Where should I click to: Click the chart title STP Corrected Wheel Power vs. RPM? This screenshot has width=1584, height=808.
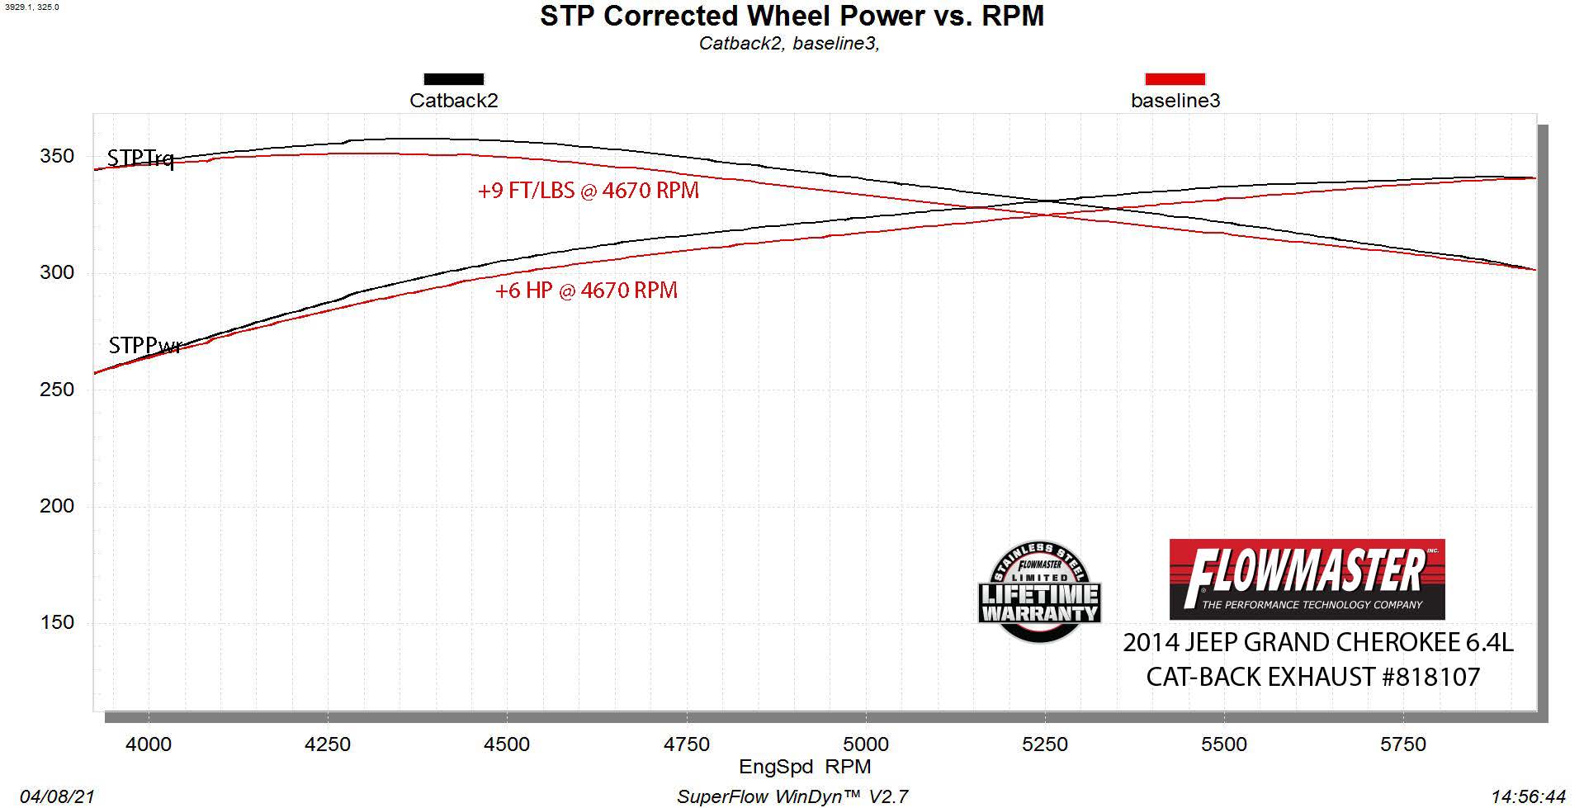click(792, 17)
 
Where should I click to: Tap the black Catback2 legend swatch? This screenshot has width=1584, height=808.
click(453, 79)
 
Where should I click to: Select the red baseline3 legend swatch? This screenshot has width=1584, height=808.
click(1175, 79)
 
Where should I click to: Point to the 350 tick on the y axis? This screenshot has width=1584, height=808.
click(57, 156)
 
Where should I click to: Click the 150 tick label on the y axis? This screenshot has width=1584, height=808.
click(57, 622)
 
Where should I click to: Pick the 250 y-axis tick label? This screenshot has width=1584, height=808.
click(57, 389)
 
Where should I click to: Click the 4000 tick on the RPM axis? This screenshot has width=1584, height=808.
click(149, 744)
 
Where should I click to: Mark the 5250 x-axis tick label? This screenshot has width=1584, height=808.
click(1045, 744)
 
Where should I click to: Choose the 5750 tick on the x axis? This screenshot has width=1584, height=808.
click(1403, 744)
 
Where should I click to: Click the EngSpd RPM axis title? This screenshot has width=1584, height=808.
click(805, 767)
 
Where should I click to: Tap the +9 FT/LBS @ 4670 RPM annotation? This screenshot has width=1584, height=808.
click(588, 191)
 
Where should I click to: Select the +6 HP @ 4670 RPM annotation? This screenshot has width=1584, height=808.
click(586, 291)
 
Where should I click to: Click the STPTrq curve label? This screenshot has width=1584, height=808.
click(141, 158)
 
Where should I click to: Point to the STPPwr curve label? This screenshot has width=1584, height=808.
click(144, 345)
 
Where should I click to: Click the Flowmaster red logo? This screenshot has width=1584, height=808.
click(1307, 579)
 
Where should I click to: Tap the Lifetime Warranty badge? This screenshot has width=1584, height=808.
click(1039, 593)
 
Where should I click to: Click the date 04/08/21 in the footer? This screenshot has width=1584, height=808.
click(57, 796)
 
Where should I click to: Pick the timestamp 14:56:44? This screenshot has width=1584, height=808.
click(1528, 796)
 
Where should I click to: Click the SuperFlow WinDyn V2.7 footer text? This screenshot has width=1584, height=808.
click(792, 796)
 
